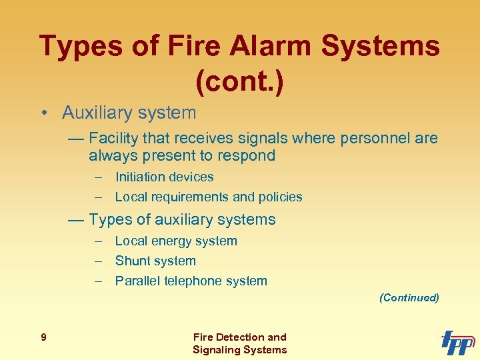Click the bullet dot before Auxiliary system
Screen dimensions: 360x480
point(42,113)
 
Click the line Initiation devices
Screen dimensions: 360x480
point(164,177)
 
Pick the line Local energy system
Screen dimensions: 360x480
point(176,241)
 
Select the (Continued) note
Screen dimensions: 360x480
point(409,298)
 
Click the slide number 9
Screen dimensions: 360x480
point(43,337)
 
